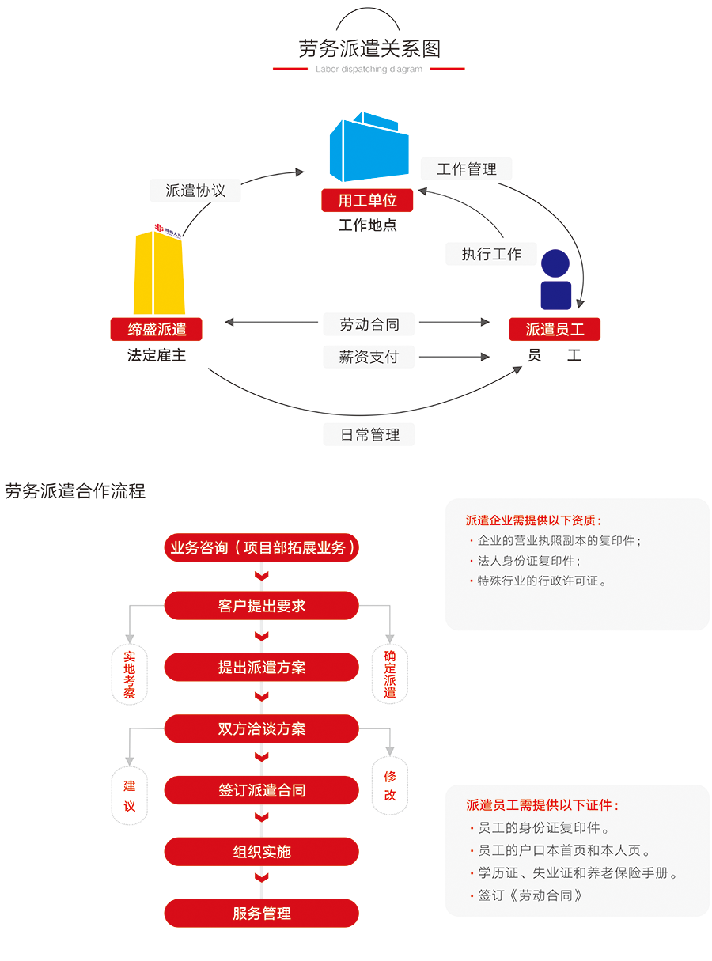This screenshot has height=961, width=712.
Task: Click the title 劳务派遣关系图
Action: click(x=369, y=49)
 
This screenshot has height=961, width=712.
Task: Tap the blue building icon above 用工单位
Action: click(x=369, y=148)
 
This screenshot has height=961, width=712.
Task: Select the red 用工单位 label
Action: click(x=368, y=201)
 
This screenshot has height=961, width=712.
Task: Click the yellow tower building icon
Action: click(x=159, y=273)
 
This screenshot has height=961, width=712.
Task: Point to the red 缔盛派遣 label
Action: click(x=157, y=329)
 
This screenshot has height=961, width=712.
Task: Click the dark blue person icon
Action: click(x=555, y=280)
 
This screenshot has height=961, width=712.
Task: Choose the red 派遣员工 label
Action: click(x=555, y=329)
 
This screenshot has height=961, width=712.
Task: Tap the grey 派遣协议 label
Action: click(x=195, y=191)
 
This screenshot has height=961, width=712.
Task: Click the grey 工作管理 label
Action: click(x=467, y=168)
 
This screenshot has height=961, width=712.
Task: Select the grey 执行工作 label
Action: click(x=491, y=254)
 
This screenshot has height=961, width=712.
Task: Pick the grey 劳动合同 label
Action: click(x=369, y=323)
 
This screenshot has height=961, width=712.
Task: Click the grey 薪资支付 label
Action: click(x=369, y=357)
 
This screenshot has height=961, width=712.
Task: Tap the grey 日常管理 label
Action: click(x=369, y=434)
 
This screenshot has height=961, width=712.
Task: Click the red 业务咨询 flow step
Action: click(x=262, y=547)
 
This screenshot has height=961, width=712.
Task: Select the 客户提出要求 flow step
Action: click(x=262, y=607)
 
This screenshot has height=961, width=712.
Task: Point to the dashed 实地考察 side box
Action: click(x=130, y=675)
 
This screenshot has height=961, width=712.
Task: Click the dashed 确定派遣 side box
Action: click(x=390, y=675)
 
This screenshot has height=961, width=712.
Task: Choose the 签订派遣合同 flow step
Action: click(x=262, y=790)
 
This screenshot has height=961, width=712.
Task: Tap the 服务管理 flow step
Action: click(x=262, y=914)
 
